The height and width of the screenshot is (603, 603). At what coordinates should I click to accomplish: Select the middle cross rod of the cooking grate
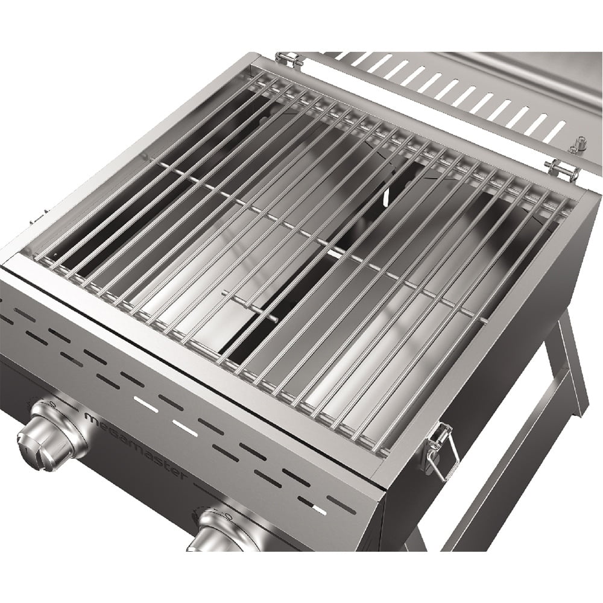(314, 241)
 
